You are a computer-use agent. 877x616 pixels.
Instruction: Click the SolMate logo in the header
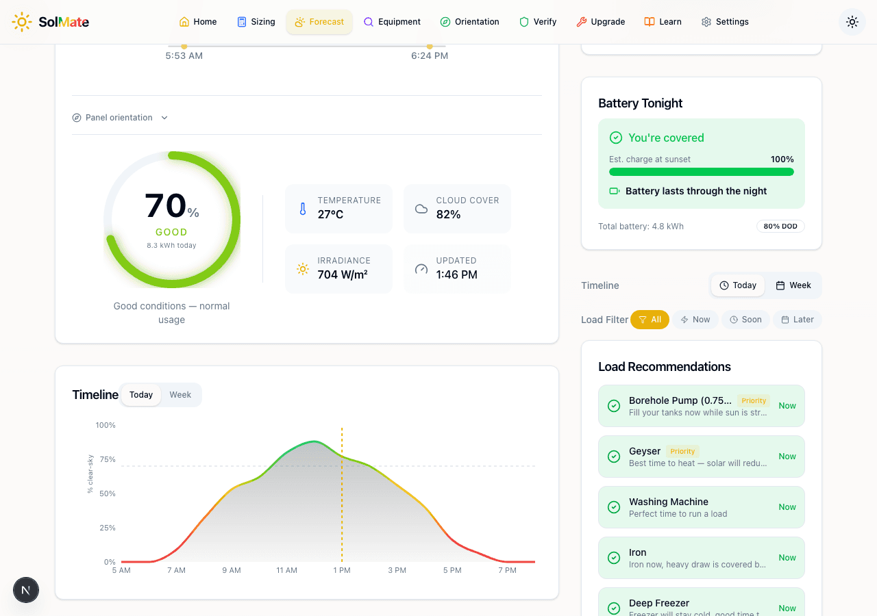pos(51,22)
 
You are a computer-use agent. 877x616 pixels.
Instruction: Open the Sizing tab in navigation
pos(256,22)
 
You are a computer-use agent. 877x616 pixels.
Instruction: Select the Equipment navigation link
pos(392,22)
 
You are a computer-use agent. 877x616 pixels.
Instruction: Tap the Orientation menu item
pos(469,22)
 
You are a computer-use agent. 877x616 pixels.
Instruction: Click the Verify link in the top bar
pos(538,22)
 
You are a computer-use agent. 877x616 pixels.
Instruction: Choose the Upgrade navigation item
pos(600,22)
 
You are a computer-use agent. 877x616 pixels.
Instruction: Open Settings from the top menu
pos(725,22)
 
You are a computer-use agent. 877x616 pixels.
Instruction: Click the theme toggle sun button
pos(852,22)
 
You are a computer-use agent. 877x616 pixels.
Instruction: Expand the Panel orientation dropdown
pos(121,118)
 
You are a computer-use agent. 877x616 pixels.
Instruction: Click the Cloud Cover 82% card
pos(457,208)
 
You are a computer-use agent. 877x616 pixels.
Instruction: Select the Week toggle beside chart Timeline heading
pos(180,395)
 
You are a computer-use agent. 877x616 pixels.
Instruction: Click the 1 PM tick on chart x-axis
pos(342,570)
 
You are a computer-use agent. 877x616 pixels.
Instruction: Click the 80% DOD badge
pos(780,227)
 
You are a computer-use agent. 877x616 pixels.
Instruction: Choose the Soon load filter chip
pos(745,320)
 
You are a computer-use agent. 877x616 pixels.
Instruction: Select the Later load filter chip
pos(798,320)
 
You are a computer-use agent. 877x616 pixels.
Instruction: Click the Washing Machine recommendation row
pos(701,507)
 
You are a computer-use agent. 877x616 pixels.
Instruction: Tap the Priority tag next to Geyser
pos(682,451)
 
